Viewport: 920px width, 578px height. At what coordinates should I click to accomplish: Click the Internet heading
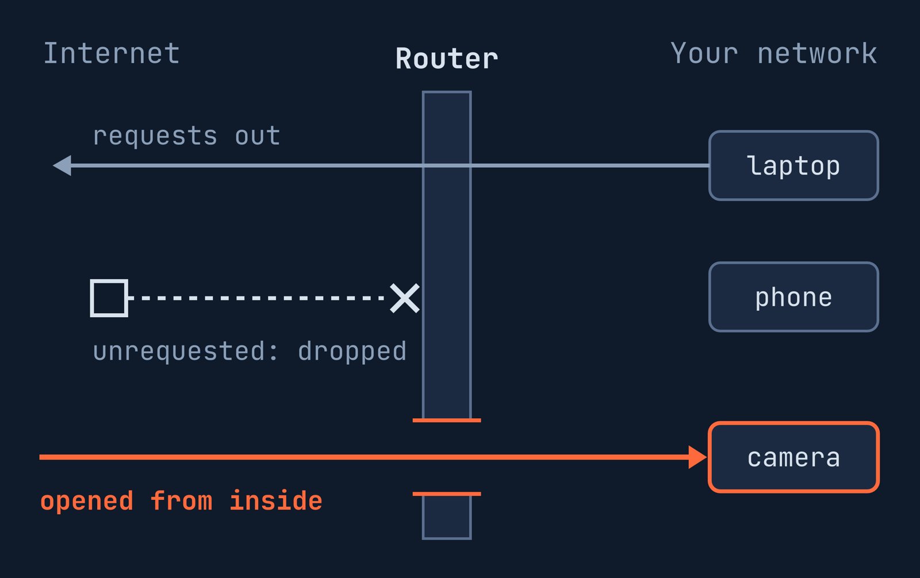click(112, 53)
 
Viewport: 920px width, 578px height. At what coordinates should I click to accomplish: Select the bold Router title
click(447, 59)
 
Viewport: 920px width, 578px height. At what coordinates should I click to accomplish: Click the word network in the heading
click(817, 53)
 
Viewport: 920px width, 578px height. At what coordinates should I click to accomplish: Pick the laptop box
click(793, 165)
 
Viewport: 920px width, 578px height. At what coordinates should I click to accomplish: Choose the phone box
click(793, 297)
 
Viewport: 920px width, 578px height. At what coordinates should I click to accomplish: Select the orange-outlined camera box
click(793, 457)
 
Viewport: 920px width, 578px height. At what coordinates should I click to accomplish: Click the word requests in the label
click(155, 136)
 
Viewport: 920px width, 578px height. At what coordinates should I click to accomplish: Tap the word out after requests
click(258, 136)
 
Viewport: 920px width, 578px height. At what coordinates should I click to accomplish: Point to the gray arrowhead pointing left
click(63, 165)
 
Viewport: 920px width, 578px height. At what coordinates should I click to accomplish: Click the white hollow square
click(109, 298)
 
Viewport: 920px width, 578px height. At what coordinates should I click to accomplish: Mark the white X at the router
click(405, 298)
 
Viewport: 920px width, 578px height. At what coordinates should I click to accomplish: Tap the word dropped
click(352, 352)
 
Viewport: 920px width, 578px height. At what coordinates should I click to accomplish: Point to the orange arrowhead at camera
click(698, 457)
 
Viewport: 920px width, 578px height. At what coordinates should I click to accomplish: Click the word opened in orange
click(87, 501)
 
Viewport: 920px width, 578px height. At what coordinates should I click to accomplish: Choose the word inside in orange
click(276, 500)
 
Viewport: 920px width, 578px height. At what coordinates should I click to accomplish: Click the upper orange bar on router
click(447, 421)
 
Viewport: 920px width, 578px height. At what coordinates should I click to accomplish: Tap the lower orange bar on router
click(447, 494)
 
